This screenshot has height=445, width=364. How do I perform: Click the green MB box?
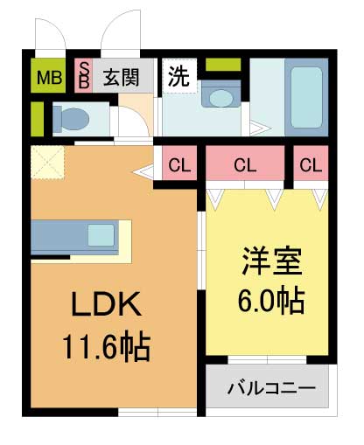(48, 77)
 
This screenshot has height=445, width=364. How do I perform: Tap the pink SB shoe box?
(85, 76)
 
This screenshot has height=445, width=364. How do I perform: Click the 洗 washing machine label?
(179, 76)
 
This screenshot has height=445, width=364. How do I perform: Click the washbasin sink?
(221, 96)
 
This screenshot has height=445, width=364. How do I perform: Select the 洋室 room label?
(271, 262)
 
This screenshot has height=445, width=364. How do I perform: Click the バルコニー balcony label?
(270, 386)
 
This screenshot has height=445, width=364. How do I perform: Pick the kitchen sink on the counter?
(101, 234)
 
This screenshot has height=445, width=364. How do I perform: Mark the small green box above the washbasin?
(222, 65)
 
